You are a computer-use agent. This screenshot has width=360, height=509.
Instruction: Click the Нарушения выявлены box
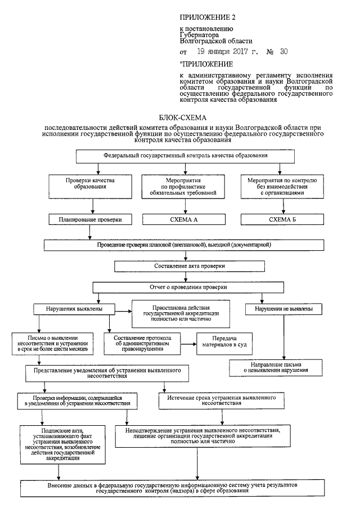coord(75,309)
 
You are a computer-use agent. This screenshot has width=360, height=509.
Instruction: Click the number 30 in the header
coord(283,52)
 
